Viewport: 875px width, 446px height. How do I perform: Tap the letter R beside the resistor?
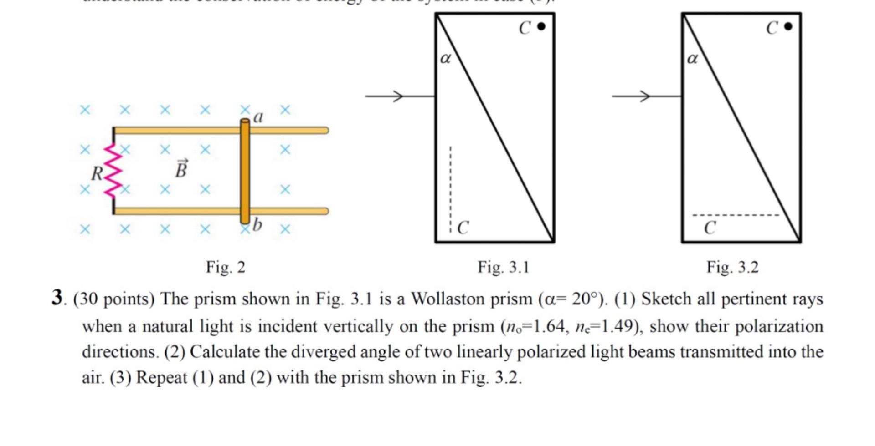(97, 174)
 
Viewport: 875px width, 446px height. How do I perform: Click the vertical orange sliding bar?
(245, 171)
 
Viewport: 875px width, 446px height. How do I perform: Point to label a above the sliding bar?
(258, 117)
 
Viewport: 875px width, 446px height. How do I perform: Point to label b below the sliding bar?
(257, 224)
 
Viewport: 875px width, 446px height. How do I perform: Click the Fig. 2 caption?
(226, 267)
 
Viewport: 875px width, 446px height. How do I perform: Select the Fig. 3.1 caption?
(503, 267)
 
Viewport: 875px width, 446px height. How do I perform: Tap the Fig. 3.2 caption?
(732, 267)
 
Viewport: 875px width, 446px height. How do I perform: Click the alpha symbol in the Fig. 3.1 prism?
(445, 58)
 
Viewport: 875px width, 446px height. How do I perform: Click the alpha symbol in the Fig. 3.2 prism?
(692, 58)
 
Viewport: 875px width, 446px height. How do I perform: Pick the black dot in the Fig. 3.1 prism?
(541, 26)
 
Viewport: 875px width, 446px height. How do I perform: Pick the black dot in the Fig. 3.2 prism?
(788, 26)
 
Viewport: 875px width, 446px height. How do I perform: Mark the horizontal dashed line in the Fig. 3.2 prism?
(736, 215)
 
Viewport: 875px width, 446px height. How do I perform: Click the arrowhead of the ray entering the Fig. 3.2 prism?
(645, 96)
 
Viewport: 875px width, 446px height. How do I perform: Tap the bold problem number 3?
(57, 298)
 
